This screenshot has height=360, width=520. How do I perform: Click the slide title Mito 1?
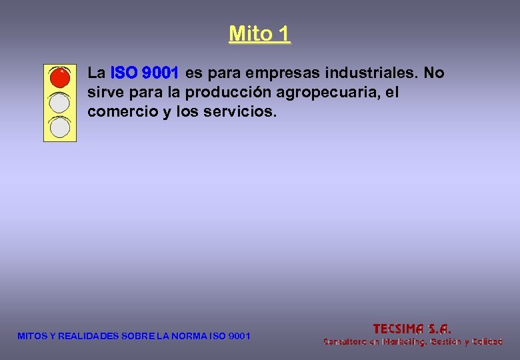tap(259, 33)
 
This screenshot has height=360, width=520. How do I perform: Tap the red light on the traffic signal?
tap(60, 78)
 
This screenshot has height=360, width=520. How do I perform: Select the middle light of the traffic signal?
tap(60, 102)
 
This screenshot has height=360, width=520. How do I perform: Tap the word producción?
tap(228, 93)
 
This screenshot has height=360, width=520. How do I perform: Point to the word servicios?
tap(240, 112)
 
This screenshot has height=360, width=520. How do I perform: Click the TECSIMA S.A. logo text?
tap(412, 328)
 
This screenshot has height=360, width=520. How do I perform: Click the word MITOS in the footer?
tap(31, 336)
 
